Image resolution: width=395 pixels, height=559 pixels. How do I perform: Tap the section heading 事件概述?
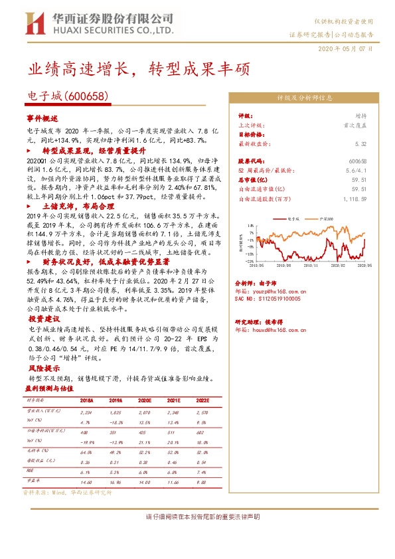(42, 118)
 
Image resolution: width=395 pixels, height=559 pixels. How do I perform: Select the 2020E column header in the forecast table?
(145, 401)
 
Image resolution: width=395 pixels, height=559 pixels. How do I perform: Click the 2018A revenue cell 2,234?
(87, 412)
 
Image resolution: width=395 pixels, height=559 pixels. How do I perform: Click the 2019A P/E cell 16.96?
(116, 483)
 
